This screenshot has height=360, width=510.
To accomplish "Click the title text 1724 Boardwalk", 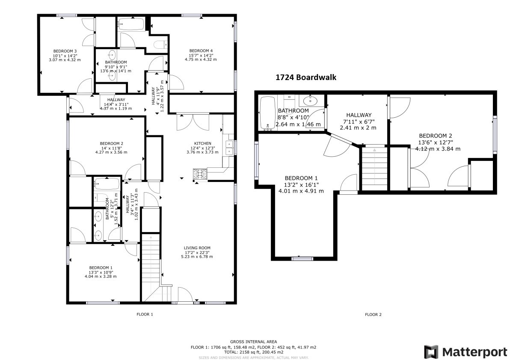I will [305, 77].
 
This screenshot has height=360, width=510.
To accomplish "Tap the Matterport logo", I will [466, 352].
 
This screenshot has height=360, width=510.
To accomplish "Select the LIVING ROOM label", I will [197, 248].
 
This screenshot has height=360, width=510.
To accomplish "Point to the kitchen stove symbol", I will [200, 174].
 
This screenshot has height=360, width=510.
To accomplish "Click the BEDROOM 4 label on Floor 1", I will [201, 51].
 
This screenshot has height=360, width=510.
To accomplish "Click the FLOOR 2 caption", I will [373, 315].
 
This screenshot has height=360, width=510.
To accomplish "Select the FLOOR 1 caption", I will [145, 315].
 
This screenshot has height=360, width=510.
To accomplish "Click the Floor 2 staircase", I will [374, 168].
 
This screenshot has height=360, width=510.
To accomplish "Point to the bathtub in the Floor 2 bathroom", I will [268, 113].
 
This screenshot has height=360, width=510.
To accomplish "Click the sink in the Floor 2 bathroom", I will [311, 101].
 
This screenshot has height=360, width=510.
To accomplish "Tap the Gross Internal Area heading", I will [253, 342].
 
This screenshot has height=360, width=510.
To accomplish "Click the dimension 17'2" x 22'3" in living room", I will [197, 252].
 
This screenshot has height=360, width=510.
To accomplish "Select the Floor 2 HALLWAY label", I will [358, 115].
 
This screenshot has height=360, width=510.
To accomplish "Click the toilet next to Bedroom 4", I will [162, 45].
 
